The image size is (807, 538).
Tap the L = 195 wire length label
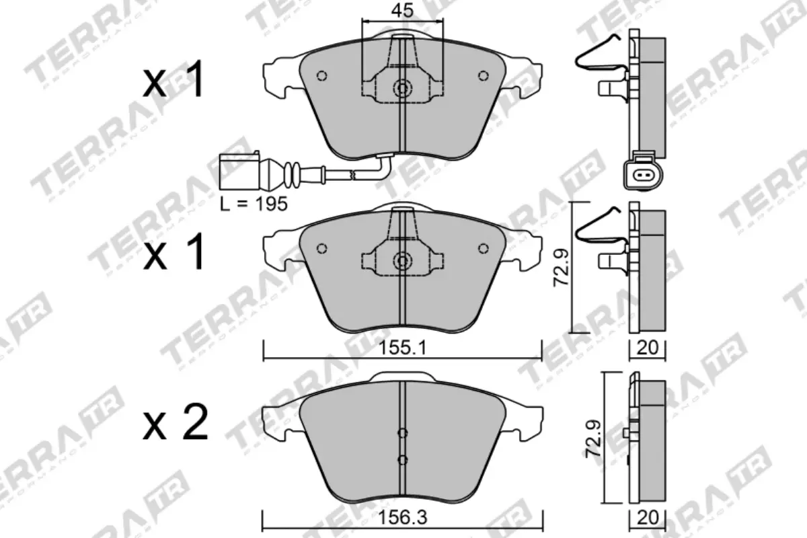(x=254, y=203)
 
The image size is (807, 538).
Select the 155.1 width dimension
(x=402, y=348)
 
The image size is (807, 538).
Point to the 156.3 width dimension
(x=402, y=518)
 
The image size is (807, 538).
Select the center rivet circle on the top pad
(x=402, y=88)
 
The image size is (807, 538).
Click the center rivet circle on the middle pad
(x=402, y=260)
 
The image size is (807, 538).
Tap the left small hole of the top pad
(x=321, y=75)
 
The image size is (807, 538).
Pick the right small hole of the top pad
(x=483, y=75)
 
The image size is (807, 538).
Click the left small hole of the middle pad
(x=321, y=247)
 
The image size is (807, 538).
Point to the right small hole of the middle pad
(x=483, y=247)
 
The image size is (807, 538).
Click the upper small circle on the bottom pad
(x=402, y=433)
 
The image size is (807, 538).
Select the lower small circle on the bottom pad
(x=402, y=460)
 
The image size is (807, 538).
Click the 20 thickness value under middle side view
(x=647, y=348)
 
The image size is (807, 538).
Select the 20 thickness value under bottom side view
(x=647, y=518)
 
